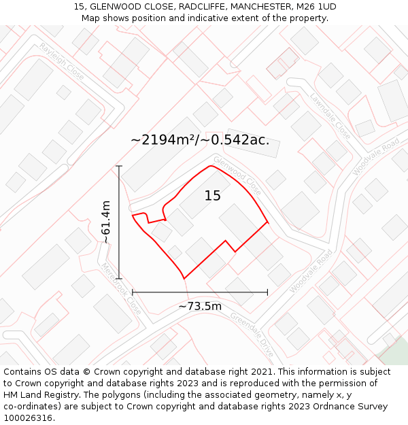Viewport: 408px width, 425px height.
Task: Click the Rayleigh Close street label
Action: (61, 62)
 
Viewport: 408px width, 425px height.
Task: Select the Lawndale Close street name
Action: (330, 116)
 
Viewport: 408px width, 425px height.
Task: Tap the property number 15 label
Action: (213, 196)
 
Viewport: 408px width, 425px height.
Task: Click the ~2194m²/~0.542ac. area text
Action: (200, 140)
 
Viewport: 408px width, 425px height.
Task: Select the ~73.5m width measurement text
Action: (200, 306)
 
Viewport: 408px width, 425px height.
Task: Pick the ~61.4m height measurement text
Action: (106, 222)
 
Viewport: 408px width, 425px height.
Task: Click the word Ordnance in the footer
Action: (332, 407)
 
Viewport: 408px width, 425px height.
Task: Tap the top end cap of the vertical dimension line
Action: (119, 166)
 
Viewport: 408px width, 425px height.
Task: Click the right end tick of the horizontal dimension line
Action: (267, 292)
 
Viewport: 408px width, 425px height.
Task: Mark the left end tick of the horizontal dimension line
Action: (133, 292)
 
